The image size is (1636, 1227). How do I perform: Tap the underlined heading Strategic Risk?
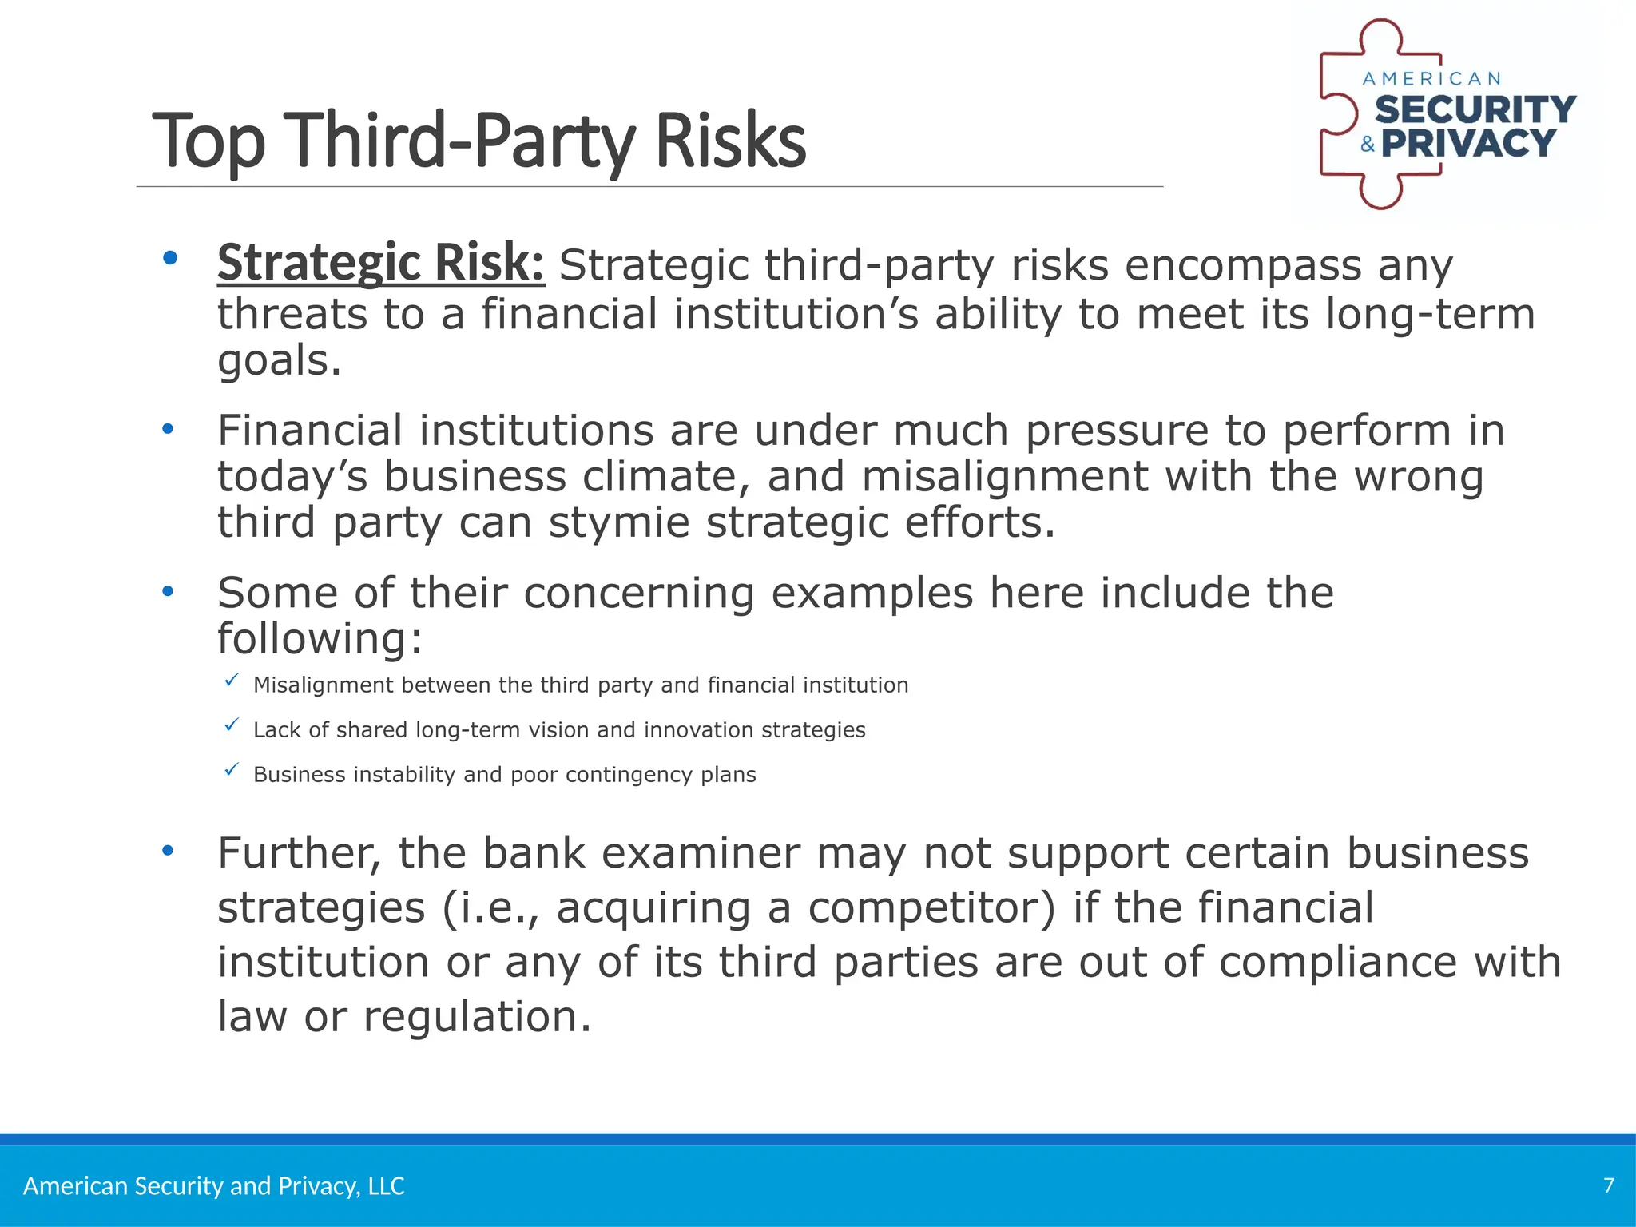[x=381, y=263]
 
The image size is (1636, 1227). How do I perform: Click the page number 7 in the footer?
[x=1609, y=1185]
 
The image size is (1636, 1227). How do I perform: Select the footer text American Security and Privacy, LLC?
[x=214, y=1186]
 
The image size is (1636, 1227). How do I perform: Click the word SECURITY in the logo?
[x=1475, y=110]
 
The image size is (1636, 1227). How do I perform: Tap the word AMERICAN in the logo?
[x=1431, y=79]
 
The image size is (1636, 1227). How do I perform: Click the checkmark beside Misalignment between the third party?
[x=232, y=681]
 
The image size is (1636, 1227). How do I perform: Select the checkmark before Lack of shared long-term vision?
[x=232, y=725]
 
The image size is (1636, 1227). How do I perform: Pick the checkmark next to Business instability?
[x=232, y=770]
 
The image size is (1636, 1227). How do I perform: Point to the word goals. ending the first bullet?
[x=280, y=361]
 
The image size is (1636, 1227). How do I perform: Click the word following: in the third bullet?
[x=320, y=639]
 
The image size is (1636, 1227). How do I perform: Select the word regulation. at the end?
[x=477, y=1017]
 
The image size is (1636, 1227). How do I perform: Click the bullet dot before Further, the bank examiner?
[x=167, y=852]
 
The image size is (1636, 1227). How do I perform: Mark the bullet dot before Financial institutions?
[x=167, y=430]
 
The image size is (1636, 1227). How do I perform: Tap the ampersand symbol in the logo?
[x=1368, y=145]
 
